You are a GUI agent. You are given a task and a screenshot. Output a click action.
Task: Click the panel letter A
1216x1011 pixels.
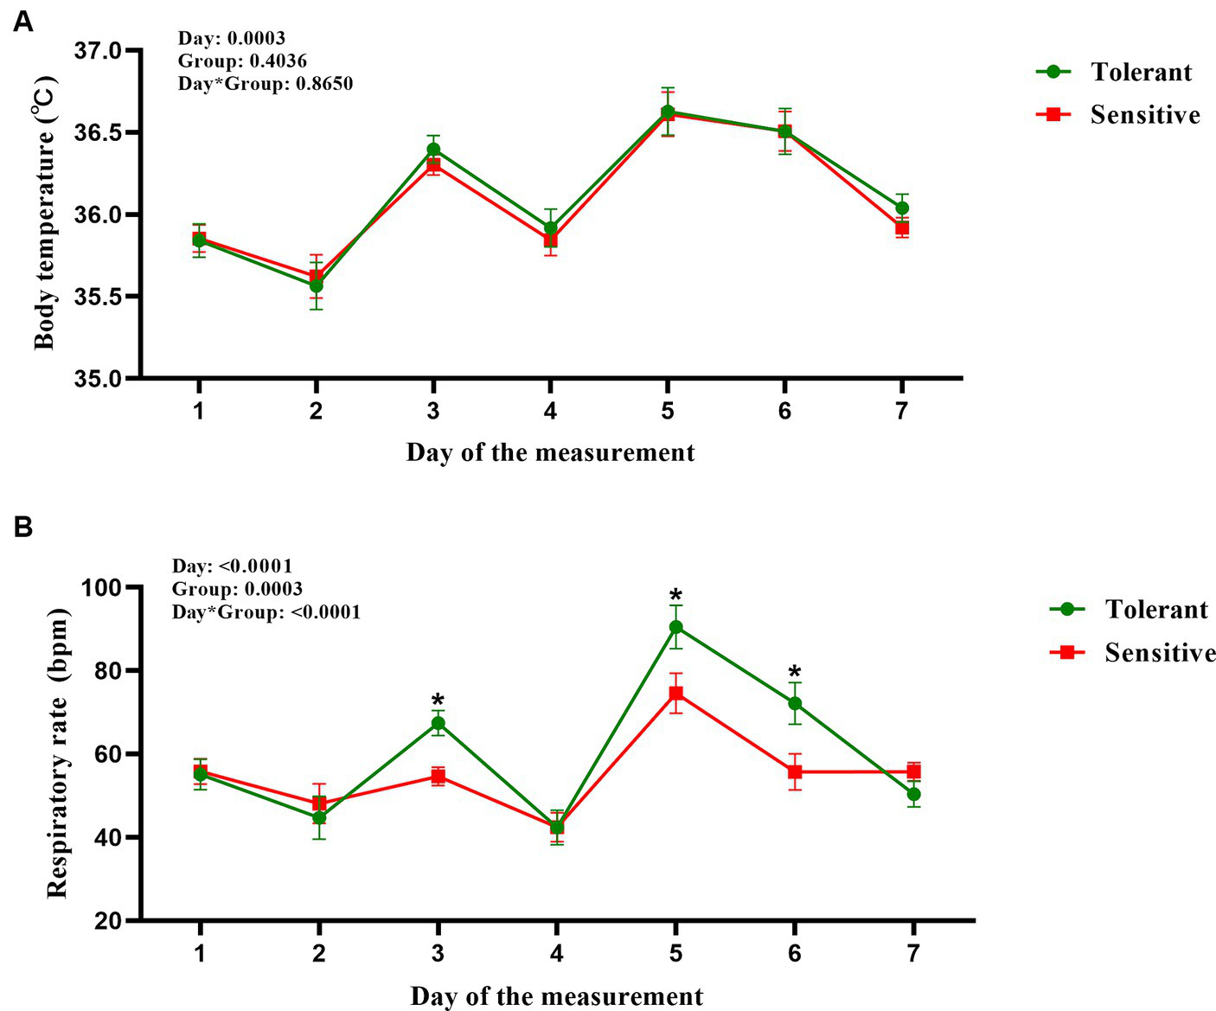pyautogui.click(x=23, y=22)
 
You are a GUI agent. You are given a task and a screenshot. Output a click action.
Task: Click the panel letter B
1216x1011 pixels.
pyautogui.click(x=23, y=526)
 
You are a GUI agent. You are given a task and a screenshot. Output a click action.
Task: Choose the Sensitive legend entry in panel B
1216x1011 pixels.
pyautogui.click(x=1132, y=652)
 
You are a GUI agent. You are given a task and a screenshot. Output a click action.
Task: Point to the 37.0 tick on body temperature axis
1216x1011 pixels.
pyautogui.click(x=99, y=52)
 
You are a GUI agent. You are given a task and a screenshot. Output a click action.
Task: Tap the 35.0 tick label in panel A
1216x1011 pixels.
pyautogui.click(x=99, y=379)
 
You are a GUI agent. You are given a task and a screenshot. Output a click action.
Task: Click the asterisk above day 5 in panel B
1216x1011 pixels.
pyautogui.click(x=675, y=597)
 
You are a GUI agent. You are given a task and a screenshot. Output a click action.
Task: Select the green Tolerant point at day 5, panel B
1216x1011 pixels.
pyautogui.click(x=675, y=627)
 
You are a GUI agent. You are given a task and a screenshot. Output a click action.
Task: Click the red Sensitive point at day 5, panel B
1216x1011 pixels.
pyautogui.click(x=675, y=693)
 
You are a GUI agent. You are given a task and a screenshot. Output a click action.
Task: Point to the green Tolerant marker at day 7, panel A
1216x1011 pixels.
pyautogui.click(x=902, y=208)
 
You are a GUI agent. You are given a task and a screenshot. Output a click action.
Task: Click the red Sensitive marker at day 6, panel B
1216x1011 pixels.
pyautogui.click(x=795, y=771)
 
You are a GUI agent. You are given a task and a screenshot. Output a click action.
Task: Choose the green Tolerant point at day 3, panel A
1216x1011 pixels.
pyautogui.click(x=433, y=149)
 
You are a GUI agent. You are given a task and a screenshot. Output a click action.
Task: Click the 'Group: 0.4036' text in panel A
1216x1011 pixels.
pyautogui.click(x=242, y=61)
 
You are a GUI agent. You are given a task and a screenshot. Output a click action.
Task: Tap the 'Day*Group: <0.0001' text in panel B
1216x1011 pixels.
pyautogui.click(x=266, y=612)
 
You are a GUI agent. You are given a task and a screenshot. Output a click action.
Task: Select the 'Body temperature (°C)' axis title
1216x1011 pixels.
pyautogui.click(x=45, y=214)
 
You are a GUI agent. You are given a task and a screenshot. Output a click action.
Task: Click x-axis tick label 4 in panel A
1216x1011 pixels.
pyautogui.click(x=550, y=411)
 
